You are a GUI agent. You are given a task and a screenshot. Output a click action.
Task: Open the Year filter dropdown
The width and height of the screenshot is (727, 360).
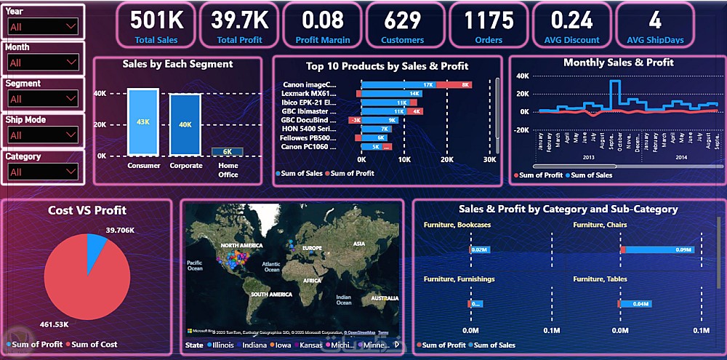pyautogui.click(x=43, y=26)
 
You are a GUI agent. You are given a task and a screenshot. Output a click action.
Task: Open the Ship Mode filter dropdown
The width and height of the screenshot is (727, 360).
pyautogui.click(x=43, y=135)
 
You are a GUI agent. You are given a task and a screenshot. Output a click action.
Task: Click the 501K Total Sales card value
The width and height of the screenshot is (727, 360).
pyautogui.click(x=157, y=20)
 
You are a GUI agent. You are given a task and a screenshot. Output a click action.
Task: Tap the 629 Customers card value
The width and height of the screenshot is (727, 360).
pyautogui.click(x=403, y=20)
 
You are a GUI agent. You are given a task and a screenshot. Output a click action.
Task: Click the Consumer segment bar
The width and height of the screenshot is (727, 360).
pyautogui.click(x=143, y=121)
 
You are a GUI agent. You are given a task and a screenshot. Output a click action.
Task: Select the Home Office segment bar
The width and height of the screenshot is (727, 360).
pyautogui.click(x=228, y=151)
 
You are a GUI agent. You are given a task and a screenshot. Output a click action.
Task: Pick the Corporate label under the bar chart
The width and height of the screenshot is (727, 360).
pyautogui.click(x=185, y=165)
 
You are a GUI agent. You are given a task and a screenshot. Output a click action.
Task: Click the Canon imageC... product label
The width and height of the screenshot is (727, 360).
pyautogui.click(x=310, y=84)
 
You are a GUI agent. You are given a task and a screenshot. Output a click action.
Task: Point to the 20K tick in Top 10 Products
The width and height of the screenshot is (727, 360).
pyautogui.click(x=447, y=159)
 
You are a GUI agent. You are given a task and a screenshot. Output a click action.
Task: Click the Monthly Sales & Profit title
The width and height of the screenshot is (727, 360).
pyautogui.click(x=618, y=63)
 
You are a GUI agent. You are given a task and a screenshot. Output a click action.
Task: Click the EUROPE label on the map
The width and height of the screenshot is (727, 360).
pyautogui.click(x=312, y=248)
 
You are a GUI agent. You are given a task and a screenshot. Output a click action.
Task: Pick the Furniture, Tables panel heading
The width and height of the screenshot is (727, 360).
pyautogui.click(x=600, y=279)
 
